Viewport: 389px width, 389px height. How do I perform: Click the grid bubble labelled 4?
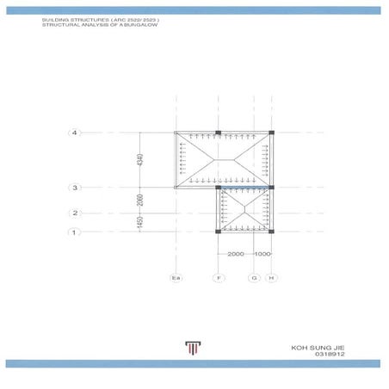click(x=76, y=133)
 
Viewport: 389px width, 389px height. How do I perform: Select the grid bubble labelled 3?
click(x=76, y=188)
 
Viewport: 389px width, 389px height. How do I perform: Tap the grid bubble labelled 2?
click(x=76, y=213)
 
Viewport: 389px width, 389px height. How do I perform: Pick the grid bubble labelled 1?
click(x=76, y=232)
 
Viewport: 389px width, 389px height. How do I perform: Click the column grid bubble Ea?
click(x=176, y=278)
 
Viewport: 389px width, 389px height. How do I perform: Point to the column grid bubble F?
click(x=219, y=278)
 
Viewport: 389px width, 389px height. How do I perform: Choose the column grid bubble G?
click(x=254, y=278)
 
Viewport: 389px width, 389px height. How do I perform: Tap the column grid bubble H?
click(x=271, y=278)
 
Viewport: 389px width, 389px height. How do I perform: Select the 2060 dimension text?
click(x=140, y=201)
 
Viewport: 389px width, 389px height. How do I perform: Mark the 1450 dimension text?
click(x=140, y=222)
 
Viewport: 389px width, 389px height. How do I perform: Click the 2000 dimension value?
click(x=236, y=255)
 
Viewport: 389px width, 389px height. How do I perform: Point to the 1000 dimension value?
click(x=262, y=255)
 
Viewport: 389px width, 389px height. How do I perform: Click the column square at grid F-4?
click(x=219, y=133)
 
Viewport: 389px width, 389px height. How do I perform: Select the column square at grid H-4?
click(x=271, y=133)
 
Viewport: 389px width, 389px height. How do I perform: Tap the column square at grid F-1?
click(x=219, y=232)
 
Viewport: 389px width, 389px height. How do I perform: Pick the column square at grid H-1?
click(x=271, y=232)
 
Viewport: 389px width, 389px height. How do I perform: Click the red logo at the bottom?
click(x=190, y=347)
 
